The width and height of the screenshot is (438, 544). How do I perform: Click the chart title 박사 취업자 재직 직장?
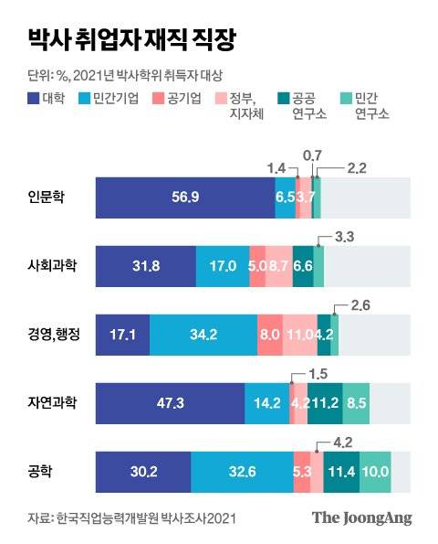point(132,40)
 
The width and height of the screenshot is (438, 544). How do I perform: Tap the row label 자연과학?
point(52,403)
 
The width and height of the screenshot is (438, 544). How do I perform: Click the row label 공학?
point(40,472)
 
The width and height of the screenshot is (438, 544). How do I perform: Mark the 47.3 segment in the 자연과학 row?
point(170,403)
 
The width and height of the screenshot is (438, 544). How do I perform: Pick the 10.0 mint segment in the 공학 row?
point(375,473)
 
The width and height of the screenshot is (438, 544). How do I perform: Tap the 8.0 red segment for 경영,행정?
point(269,335)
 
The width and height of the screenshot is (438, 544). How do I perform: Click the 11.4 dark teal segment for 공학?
point(341,473)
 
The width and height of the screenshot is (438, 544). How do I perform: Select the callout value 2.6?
point(360,306)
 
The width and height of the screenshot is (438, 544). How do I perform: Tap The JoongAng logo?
point(362,517)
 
